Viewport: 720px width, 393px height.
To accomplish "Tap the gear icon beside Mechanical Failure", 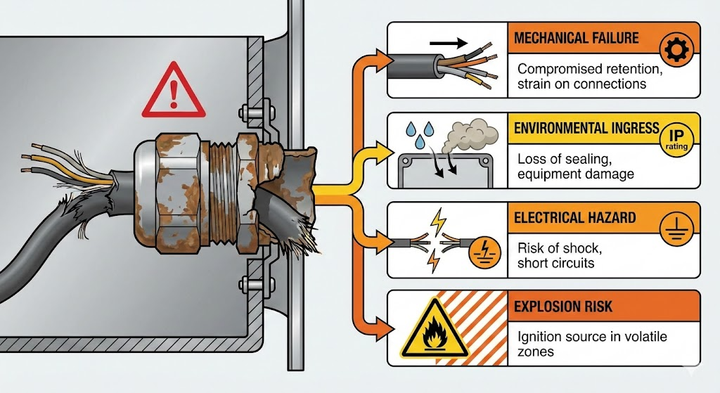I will click(x=678, y=49).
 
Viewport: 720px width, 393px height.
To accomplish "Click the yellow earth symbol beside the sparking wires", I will click(x=482, y=250).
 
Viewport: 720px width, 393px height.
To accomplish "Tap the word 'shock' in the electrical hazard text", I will click(x=576, y=248).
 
